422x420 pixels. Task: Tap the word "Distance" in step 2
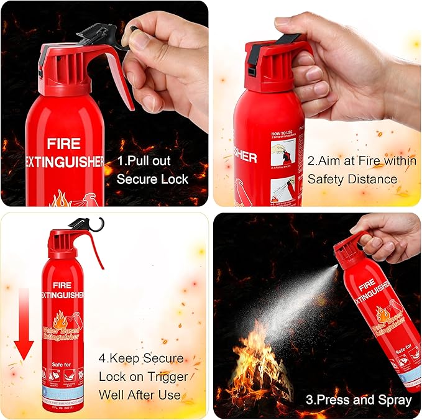[369, 179]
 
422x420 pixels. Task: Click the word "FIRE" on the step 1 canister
[63, 144]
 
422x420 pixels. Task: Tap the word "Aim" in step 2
[330, 160]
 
